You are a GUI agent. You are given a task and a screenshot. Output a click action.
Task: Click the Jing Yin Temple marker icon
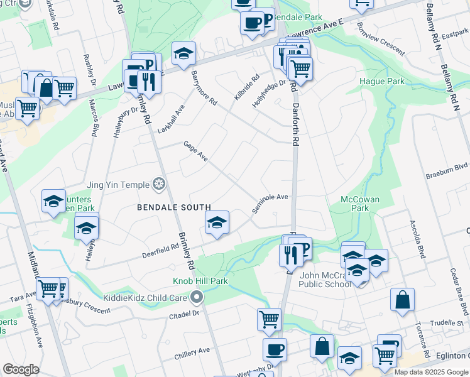[x=160, y=184]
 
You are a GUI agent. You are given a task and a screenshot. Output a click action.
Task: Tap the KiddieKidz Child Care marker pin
[x=198, y=296]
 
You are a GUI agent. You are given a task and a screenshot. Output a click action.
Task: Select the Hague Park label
[x=381, y=82]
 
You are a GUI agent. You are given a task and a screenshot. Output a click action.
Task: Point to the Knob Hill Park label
[x=200, y=281]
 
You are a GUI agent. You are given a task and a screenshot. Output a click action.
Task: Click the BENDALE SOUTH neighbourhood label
[x=174, y=207]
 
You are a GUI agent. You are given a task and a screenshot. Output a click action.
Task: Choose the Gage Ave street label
[x=195, y=151]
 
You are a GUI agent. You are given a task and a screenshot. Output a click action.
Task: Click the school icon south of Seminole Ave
[x=217, y=222]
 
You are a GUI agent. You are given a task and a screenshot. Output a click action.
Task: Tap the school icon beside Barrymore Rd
[x=183, y=53]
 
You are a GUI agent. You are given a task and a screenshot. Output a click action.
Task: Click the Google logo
[x=21, y=369]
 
